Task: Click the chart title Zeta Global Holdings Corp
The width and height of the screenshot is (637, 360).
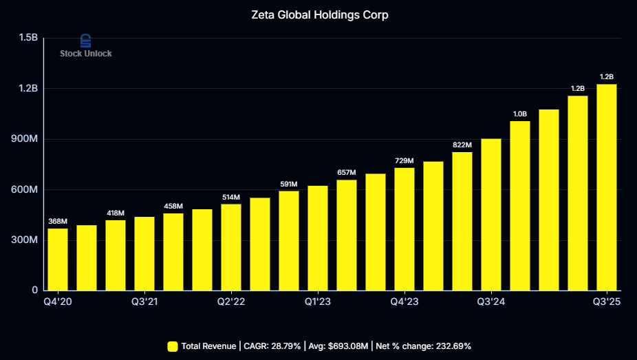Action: tap(319, 14)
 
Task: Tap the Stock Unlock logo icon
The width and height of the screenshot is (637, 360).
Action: tap(86, 41)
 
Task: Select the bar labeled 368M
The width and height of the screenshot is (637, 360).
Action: tap(58, 259)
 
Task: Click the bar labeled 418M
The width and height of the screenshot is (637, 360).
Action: tap(116, 255)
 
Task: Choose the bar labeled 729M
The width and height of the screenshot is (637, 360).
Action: tap(404, 229)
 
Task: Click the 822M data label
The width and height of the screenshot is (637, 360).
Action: tap(462, 145)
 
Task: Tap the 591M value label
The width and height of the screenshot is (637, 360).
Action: tap(289, 184)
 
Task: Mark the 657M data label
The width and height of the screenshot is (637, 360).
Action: tap(347, 172)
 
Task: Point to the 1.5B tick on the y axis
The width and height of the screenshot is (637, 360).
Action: tap(28, 37)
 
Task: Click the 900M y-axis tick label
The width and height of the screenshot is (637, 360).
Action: tap(25, 139)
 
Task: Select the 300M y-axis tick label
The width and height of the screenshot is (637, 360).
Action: tap(25, 240)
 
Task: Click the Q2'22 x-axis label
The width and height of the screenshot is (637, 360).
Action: tap(231, 301)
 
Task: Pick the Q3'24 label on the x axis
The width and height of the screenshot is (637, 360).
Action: tap(491, 301)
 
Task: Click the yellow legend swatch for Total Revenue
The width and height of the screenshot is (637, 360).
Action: tap(173, 346)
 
